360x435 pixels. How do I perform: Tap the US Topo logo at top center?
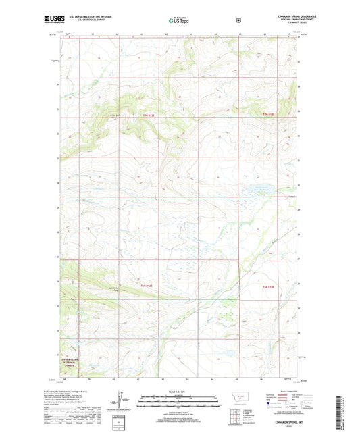179,21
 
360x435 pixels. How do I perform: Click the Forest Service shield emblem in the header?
238,20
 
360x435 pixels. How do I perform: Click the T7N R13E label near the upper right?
269,115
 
